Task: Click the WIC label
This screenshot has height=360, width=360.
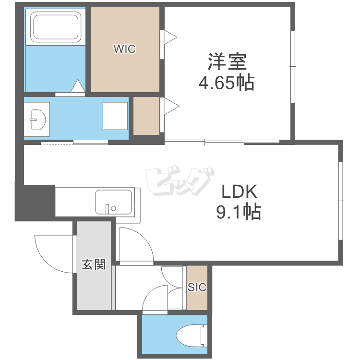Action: (124, 48)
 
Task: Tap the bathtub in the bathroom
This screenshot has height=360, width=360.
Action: (56, 27)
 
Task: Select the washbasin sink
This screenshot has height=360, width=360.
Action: (37, 120)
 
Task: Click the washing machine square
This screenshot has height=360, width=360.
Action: (115, 116)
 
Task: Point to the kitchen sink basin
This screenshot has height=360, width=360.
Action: (113, 202)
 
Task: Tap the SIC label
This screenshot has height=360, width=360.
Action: (197, 287)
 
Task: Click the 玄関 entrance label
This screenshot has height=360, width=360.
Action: (94, 264)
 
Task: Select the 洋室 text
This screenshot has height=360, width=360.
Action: (227, 61)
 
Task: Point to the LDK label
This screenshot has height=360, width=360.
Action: (239, 192)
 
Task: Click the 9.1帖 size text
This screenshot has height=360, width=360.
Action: (239, 212)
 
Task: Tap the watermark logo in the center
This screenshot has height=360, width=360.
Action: (180, 180)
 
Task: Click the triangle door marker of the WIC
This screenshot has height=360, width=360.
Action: (170, 37)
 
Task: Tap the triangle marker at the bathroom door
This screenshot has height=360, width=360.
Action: (78, 86)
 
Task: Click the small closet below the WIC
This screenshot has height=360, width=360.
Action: (146, 116)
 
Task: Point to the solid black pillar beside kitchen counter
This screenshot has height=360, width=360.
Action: (35, 203)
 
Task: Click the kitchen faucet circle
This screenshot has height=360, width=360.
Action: (113, 208)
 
